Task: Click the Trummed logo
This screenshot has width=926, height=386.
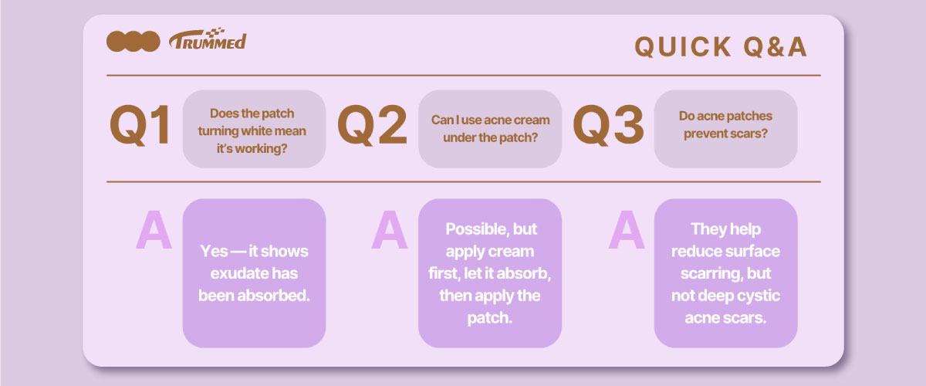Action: coord(208,39)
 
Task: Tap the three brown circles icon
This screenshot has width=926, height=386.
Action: coord(133,42)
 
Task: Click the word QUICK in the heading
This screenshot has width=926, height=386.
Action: coord(683,46)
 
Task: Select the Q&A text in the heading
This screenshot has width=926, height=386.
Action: coord(775,46)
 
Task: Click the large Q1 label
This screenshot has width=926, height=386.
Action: coord(140,125)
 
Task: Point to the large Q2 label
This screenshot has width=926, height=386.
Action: coord(373,125)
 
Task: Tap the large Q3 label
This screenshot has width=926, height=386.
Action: coord(609,125)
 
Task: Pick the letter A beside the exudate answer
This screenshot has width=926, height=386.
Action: coord(154,229)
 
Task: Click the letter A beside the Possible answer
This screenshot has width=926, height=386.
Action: coord(390,229)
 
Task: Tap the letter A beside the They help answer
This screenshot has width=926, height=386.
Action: coord(627,229)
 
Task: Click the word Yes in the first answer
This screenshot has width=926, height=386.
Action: coord(215,251)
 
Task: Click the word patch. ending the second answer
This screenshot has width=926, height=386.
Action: coord(490,318)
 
